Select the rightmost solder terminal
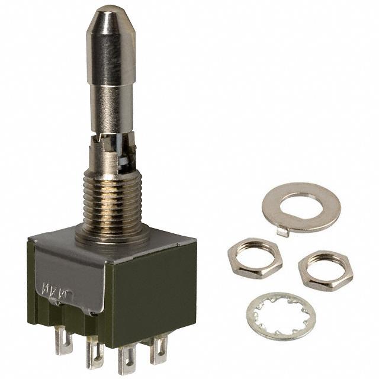click(159, 349)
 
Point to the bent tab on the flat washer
click(283, 232)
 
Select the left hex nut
click(255, 257)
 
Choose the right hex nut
click(325, 269)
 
